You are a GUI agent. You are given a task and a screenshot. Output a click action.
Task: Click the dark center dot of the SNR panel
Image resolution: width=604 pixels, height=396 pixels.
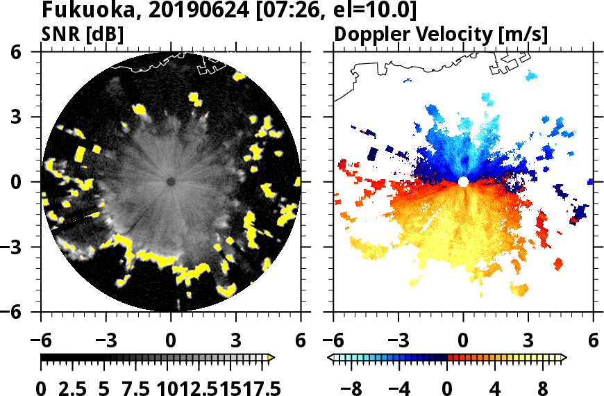(x=171, y=181)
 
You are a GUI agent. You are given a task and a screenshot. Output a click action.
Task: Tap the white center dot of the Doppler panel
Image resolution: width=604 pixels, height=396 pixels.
(x=463, y=181)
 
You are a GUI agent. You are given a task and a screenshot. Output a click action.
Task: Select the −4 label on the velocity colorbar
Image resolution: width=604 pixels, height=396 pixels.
(x=399, y=388)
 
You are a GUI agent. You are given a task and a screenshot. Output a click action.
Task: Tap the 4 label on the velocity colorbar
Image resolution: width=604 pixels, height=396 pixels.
(x=496, y=388)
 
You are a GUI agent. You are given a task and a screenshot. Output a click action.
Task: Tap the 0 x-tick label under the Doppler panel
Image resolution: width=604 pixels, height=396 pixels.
(x=463, y=340)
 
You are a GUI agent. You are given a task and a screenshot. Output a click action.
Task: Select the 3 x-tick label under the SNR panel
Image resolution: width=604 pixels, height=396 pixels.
(x=236, y=340)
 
